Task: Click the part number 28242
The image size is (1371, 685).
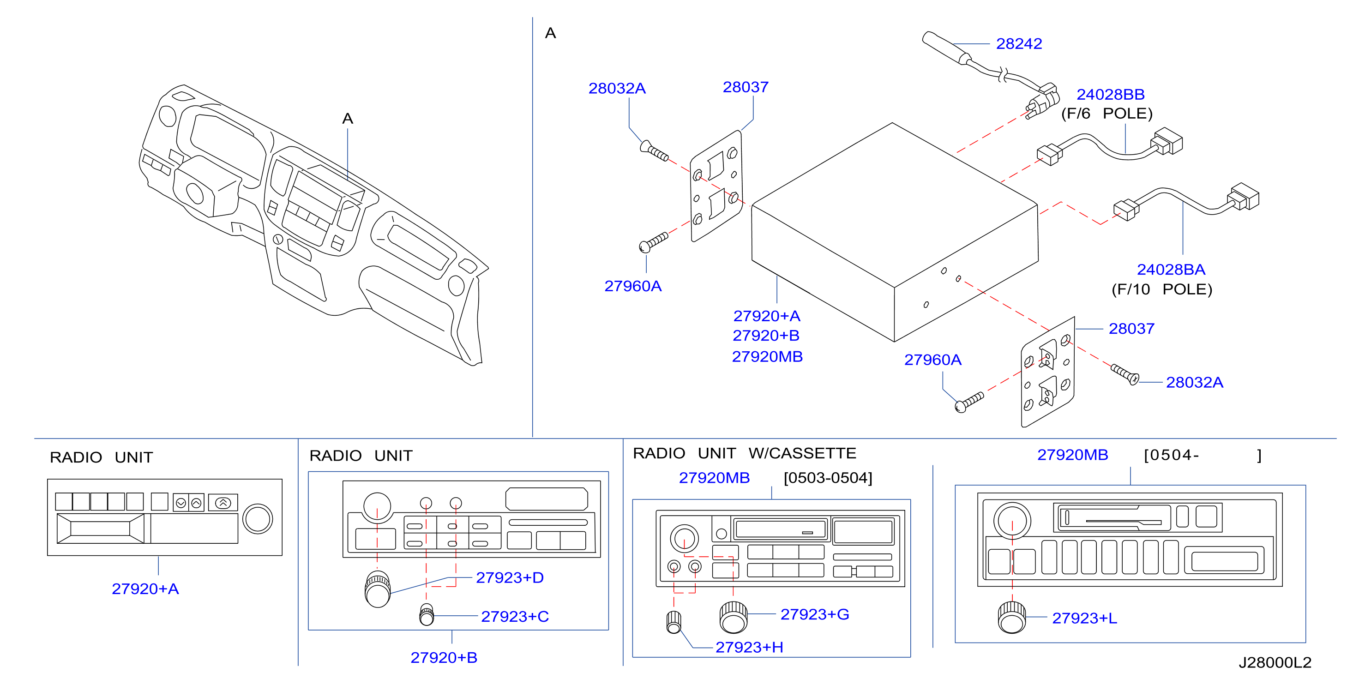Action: pos(1019,44)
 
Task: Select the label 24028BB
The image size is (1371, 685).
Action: pos(1110,95)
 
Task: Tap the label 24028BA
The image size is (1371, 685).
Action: pos(1171,270)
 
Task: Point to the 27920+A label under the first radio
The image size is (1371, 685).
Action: pos(145,589)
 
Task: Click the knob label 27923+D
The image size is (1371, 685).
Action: pos(509,577)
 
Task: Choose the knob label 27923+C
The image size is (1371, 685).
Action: pos(515,616)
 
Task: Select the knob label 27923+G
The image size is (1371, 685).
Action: pos(814,614)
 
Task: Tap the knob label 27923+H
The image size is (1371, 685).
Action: pos(749,647)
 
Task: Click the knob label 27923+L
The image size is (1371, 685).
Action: pos(1084,618)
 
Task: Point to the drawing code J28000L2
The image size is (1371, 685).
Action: pos(1275,663)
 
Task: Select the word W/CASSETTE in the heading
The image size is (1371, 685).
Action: pos(802,453)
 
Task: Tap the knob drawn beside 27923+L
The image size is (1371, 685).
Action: pos(1011,618)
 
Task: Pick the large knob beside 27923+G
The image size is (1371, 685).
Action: pos(734,618)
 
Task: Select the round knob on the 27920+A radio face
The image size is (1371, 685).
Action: pos(258,518)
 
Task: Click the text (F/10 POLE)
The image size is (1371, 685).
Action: pos(1161,289)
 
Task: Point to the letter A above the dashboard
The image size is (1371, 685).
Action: pos(348,119)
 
